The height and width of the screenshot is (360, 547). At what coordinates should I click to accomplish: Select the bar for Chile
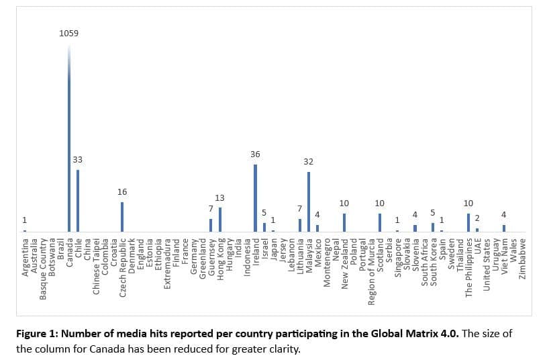pyautogui.click(x=77, y=201)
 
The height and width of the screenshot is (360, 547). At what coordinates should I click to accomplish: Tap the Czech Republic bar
pyautogui.click(x=122, y=216)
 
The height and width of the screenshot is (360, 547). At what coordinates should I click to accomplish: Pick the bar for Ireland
pyautogui.click(x=255, y=198)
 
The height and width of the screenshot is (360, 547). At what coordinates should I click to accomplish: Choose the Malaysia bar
pyautogui.click(x=308, y=201)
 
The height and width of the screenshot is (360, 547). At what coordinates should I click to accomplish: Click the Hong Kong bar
pyautogui.click(x=219, y=219)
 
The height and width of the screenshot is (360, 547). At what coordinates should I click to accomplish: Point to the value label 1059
pyautogui.click(x=68, y=33)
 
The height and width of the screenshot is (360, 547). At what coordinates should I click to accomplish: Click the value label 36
pyautogui.click(x=255, y=154)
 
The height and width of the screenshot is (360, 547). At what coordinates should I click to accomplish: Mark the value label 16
pyautogui.click(x=122, y=192)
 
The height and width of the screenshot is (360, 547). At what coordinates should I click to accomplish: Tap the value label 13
pyautogui.click(x=219, y=198)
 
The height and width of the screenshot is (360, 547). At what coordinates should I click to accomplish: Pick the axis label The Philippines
pyautogui.click(x=468, y=267)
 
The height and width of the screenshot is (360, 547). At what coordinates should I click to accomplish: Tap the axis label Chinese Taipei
pyautogui.click(x=96, y=266)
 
